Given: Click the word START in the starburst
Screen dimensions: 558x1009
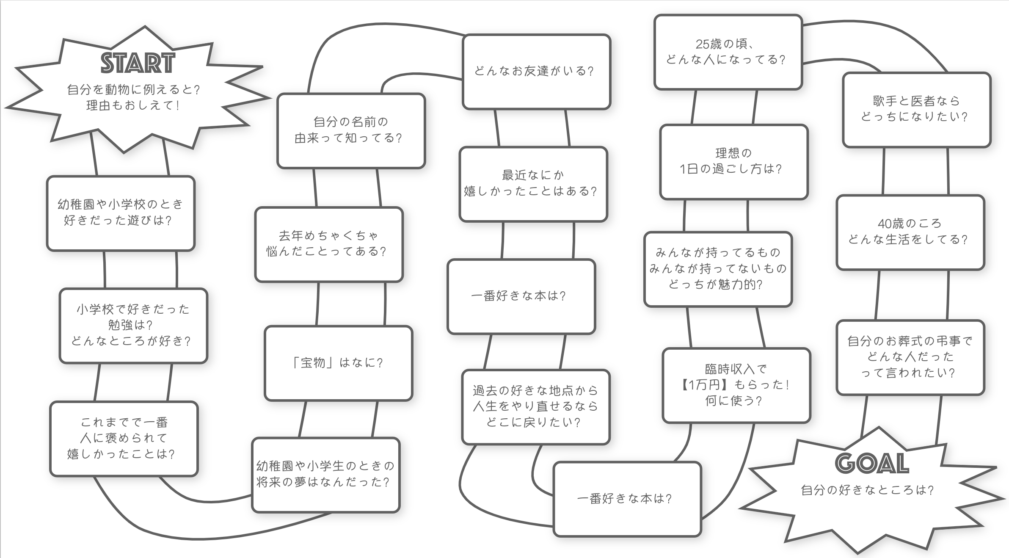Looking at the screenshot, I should [x=138, y=63].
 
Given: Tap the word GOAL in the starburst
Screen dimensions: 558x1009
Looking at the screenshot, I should [x=872, y=463].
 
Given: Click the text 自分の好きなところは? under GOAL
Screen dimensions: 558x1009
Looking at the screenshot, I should [x=867, y=490].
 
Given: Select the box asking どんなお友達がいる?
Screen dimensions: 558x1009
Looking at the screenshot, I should [x=536, y=72].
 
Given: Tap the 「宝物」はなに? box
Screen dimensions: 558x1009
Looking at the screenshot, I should [x=338, y=363].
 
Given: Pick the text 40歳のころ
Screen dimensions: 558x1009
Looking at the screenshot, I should [x=910, y=224].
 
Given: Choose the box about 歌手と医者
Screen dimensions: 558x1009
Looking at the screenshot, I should [x=916, y=109].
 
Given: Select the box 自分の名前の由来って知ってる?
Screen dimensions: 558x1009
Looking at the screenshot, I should [x=351, y=130].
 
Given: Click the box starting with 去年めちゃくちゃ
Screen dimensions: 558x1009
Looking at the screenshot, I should [x=328, y=244].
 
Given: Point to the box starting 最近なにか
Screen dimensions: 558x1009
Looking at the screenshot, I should [x=533, y=184].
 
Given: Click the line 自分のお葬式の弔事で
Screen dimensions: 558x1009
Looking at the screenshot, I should [x=910, y=341].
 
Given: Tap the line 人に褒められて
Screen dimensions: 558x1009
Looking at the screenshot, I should [x=124, y=438].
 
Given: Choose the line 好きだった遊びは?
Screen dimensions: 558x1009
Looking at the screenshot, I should [x=118, y=221].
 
